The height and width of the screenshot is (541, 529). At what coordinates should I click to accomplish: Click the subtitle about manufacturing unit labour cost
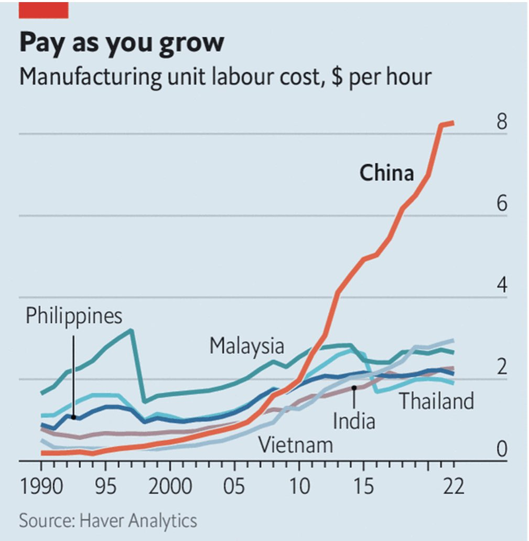225,77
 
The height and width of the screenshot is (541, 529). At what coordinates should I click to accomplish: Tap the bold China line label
386,173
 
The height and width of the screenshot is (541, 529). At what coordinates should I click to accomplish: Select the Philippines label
74,316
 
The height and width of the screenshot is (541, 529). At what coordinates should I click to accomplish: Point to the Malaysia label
246,346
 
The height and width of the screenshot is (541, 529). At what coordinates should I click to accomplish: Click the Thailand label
436,401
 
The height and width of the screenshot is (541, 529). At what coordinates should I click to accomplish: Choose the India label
354,421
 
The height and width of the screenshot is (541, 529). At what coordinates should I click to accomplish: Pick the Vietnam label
296,445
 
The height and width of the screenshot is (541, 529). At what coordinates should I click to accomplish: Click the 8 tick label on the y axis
502,123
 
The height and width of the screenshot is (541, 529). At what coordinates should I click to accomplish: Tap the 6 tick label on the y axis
502,204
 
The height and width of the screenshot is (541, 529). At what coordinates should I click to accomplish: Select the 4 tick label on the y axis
502,286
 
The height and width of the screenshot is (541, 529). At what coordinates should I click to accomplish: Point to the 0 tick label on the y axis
502,449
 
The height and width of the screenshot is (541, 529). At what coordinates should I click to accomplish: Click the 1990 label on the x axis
41,487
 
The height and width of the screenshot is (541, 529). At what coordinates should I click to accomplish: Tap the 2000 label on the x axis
170,487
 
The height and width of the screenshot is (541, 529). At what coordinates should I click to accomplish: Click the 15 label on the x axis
363,487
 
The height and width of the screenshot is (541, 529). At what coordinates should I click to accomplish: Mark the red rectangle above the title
44,10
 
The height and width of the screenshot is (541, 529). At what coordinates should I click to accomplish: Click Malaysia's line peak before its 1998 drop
131,330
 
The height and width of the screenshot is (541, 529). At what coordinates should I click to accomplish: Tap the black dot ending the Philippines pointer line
73,417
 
